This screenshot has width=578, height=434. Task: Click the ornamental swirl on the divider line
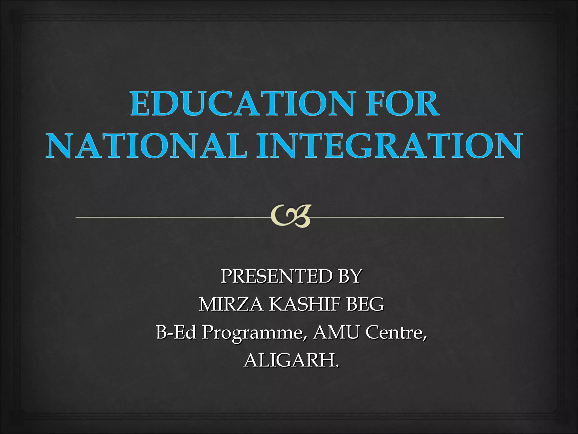[x=290, y=216]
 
